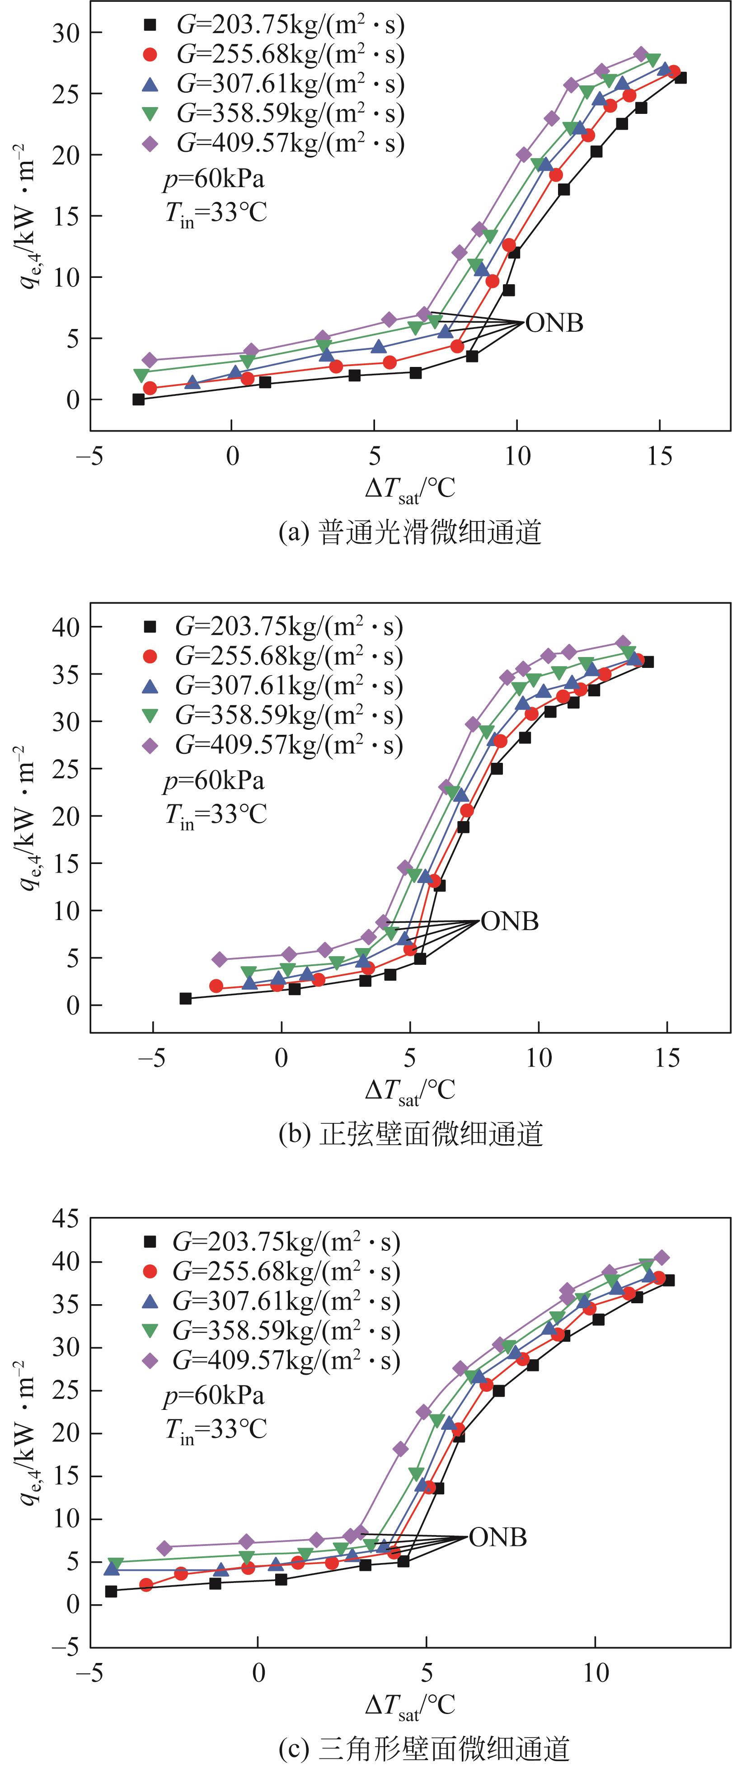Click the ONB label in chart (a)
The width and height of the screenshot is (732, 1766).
click(x=554, y=323)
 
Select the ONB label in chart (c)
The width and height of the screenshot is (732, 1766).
click(x=497, y=1537)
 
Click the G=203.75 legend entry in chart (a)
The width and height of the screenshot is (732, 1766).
click(x=274, y=25)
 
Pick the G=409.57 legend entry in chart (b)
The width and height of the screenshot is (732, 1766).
click(x=274, y=745)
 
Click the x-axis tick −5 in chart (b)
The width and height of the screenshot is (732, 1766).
click(x=152, y=1058)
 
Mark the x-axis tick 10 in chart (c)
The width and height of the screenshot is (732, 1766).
click(x=596, y=1673)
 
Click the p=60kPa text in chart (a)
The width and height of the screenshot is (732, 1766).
click(x=213, y=179)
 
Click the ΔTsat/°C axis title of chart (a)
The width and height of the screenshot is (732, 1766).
click(x=410, y=488)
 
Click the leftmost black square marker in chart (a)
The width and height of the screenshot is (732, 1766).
click(x=138, y=399)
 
